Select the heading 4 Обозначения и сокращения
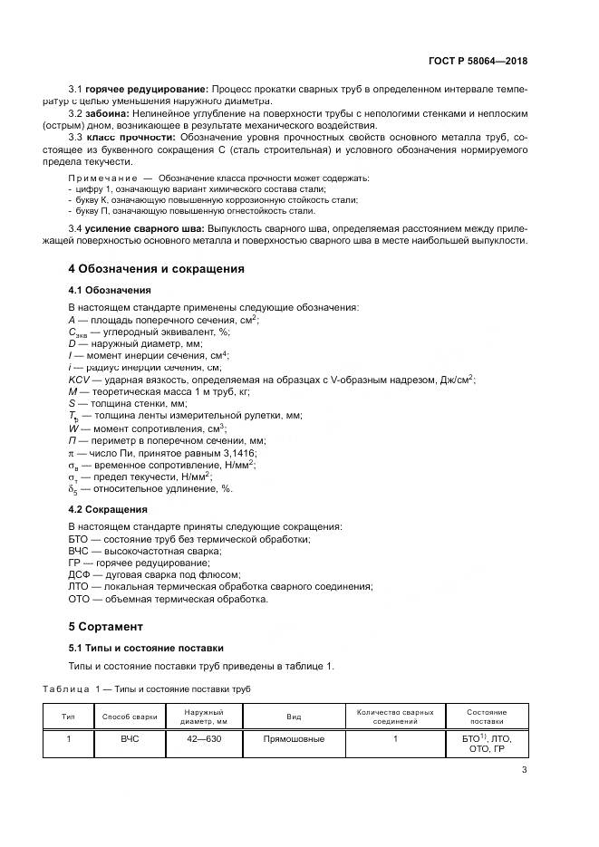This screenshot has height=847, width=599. coord(156,269)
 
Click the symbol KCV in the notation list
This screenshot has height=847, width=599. coord(79,380)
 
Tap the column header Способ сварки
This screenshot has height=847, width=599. coord(130,717)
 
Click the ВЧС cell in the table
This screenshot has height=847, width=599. coord(130,739)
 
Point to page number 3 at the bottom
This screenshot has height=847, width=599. coord(524,771)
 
